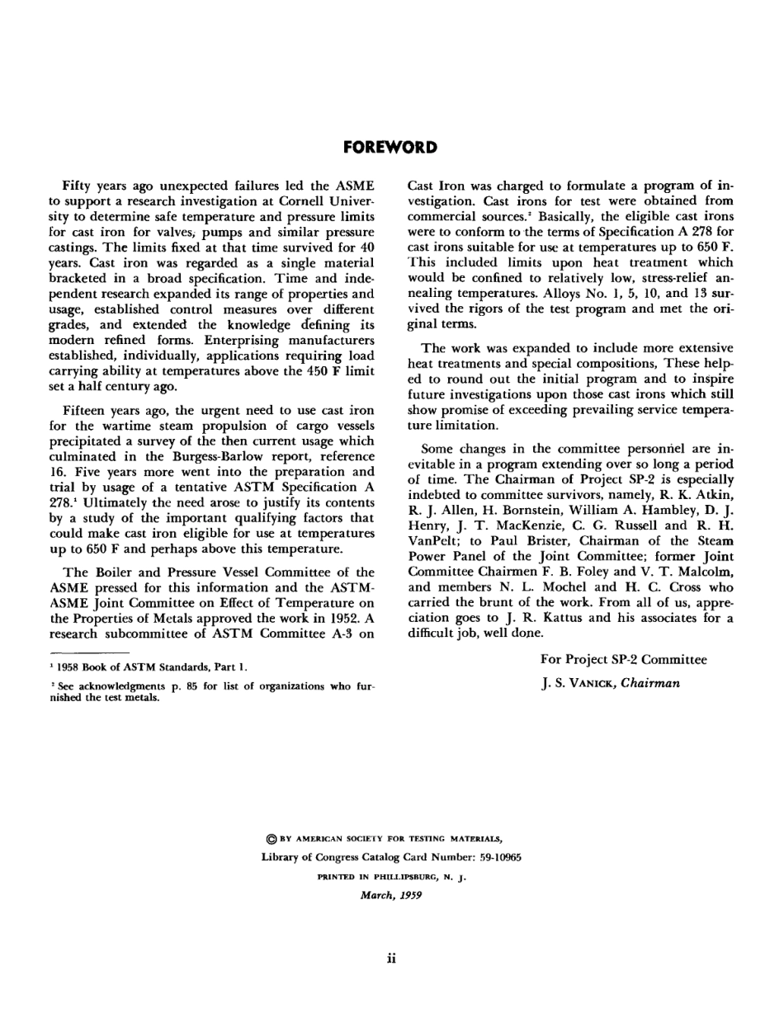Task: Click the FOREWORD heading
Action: pos(390,148)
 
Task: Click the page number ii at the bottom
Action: pos(391,958)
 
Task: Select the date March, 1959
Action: pos(391,895)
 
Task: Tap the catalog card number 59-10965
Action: pos(494,857)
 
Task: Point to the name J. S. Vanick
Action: pos(578,683)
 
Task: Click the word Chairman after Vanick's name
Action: pos(650,683)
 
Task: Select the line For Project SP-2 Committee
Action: pos(623,659)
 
